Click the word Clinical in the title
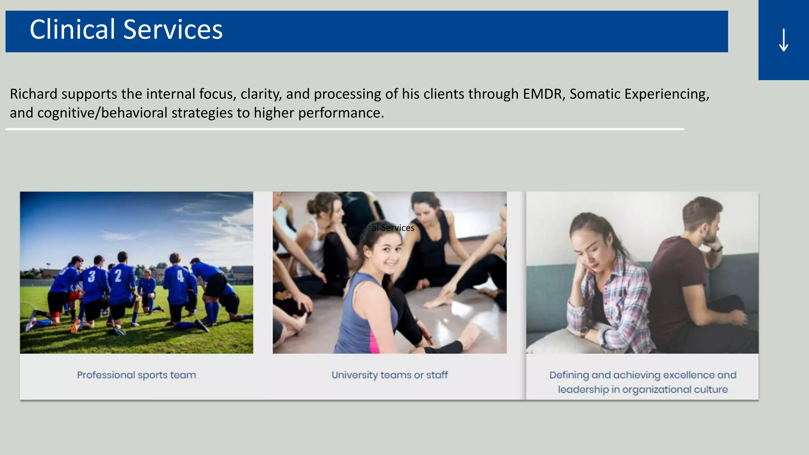pos(72,30)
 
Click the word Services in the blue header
pos(173,30)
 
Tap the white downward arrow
pos(783,40)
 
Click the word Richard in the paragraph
pos(34,94)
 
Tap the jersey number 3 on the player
pos(92,276)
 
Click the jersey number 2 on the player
pos(118,275)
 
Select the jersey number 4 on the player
pos(180,275)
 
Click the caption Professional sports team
pos(136,375)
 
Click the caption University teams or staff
pos(389,375)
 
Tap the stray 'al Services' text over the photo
pos(393,228)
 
